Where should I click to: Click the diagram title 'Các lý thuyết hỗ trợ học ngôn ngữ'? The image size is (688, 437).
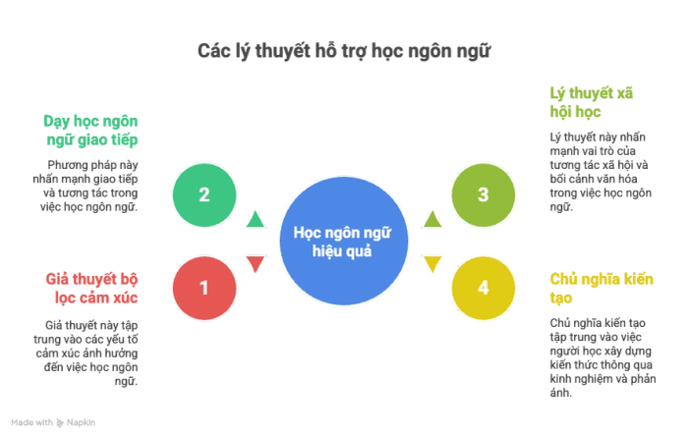click(x=343, y=50)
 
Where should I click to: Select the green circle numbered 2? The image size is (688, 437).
click(x=204, y=194)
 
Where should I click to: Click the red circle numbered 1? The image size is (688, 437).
click(x=204, y=288)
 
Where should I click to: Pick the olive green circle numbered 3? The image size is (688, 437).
click(x=483, y=194)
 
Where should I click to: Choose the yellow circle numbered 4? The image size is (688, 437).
click(x=483, y=288)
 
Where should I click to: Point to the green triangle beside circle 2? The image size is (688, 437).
click(x=255, y=218)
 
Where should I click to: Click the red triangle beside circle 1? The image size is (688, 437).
click(x=255, y=263)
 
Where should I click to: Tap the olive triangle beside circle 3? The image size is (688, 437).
click(x=432, y=218)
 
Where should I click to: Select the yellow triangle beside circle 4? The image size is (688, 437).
click(x=432, y=263)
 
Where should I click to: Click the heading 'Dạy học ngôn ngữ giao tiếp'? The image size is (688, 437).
click(x=92, y=131)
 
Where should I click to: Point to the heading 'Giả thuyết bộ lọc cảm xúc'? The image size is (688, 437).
click(x=92, y=287)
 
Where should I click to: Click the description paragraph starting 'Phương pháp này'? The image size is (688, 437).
click(x=92, y=186)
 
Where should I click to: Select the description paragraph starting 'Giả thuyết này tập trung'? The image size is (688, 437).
click(x=92, y=353)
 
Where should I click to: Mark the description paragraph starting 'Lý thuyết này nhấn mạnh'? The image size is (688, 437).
click(x=592, y=172)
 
